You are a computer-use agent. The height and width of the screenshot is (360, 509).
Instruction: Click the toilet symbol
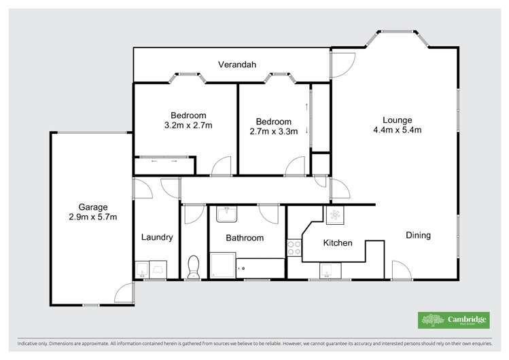click(x=193, y=267)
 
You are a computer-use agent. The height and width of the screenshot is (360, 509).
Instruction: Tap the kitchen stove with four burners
click(x=294, y=248)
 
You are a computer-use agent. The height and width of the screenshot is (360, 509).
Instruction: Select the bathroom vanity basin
click(x=225, y=215)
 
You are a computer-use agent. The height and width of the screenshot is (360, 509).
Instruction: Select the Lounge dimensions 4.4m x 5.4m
click(x=398, y=130)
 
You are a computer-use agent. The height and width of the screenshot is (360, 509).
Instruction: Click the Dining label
click(x=418, y=236)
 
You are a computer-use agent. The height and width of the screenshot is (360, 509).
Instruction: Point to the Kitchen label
click(x=337, y=242)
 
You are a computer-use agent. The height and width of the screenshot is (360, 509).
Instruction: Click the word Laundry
click(x=157, y=238)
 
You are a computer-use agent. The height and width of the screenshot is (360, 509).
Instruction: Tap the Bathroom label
click(x=245, y=238)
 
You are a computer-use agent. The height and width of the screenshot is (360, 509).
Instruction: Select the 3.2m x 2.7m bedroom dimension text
click(x=188, y=126)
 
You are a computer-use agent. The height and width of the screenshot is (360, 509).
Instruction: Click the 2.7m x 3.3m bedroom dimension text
click(x=274, y=132)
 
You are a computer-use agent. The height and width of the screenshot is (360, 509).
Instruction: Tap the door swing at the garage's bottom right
click(x=124, y=293)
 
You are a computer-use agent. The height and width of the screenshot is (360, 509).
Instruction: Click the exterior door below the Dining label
click(x=402, y=270)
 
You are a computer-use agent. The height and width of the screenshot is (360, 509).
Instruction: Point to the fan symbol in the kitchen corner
click(x=335, y=216)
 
